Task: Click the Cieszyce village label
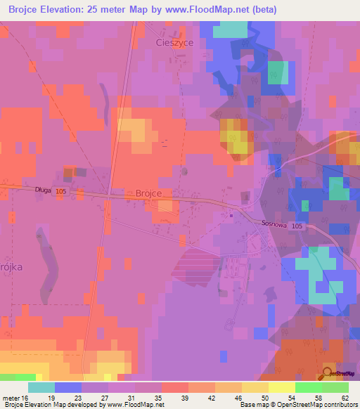click(x=174, y=42)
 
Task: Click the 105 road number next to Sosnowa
click(x=297, y=226)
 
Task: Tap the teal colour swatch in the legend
click(x=41, y=387)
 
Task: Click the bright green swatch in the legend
click(x=309, y=387)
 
